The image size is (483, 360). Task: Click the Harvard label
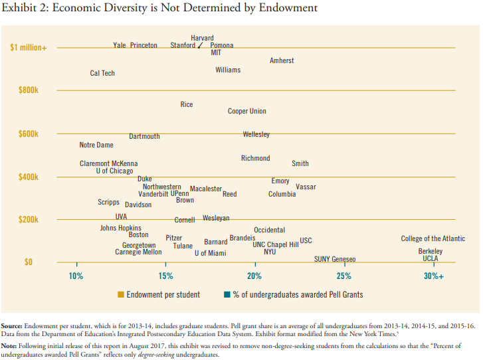202,38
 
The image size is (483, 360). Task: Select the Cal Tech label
102,73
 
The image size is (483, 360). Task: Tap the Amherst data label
282,61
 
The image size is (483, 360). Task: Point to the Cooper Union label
247,112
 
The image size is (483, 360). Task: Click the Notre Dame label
96,145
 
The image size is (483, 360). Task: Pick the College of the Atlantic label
433,238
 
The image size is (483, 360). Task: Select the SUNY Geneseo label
335,259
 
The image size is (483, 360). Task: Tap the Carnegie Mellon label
138,252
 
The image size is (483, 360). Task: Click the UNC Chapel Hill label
276,244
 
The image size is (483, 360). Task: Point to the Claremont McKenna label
109,163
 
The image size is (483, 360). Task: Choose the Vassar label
306,187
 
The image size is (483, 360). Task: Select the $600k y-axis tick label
29,134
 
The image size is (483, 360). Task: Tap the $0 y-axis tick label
29,262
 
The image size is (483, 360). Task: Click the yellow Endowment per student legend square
121,294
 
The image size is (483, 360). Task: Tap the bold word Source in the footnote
11,326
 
